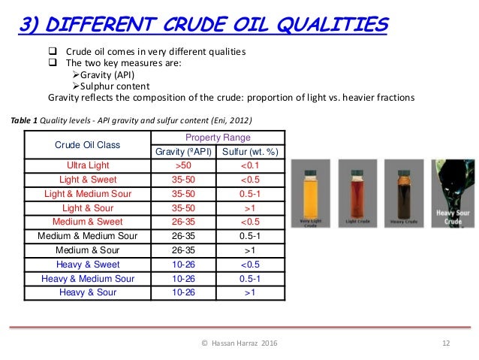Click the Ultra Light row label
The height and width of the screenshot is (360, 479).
89,165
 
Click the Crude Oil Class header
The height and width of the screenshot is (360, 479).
89,144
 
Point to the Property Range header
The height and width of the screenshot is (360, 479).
218,138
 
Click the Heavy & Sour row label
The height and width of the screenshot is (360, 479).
89,292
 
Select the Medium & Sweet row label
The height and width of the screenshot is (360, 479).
89,222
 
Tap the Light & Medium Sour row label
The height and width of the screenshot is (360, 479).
89,193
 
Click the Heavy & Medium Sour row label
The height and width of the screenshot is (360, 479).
89,277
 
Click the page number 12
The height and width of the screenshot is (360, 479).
445,343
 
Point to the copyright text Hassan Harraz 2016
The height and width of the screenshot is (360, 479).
239,343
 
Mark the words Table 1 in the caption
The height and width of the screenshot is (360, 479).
23,119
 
